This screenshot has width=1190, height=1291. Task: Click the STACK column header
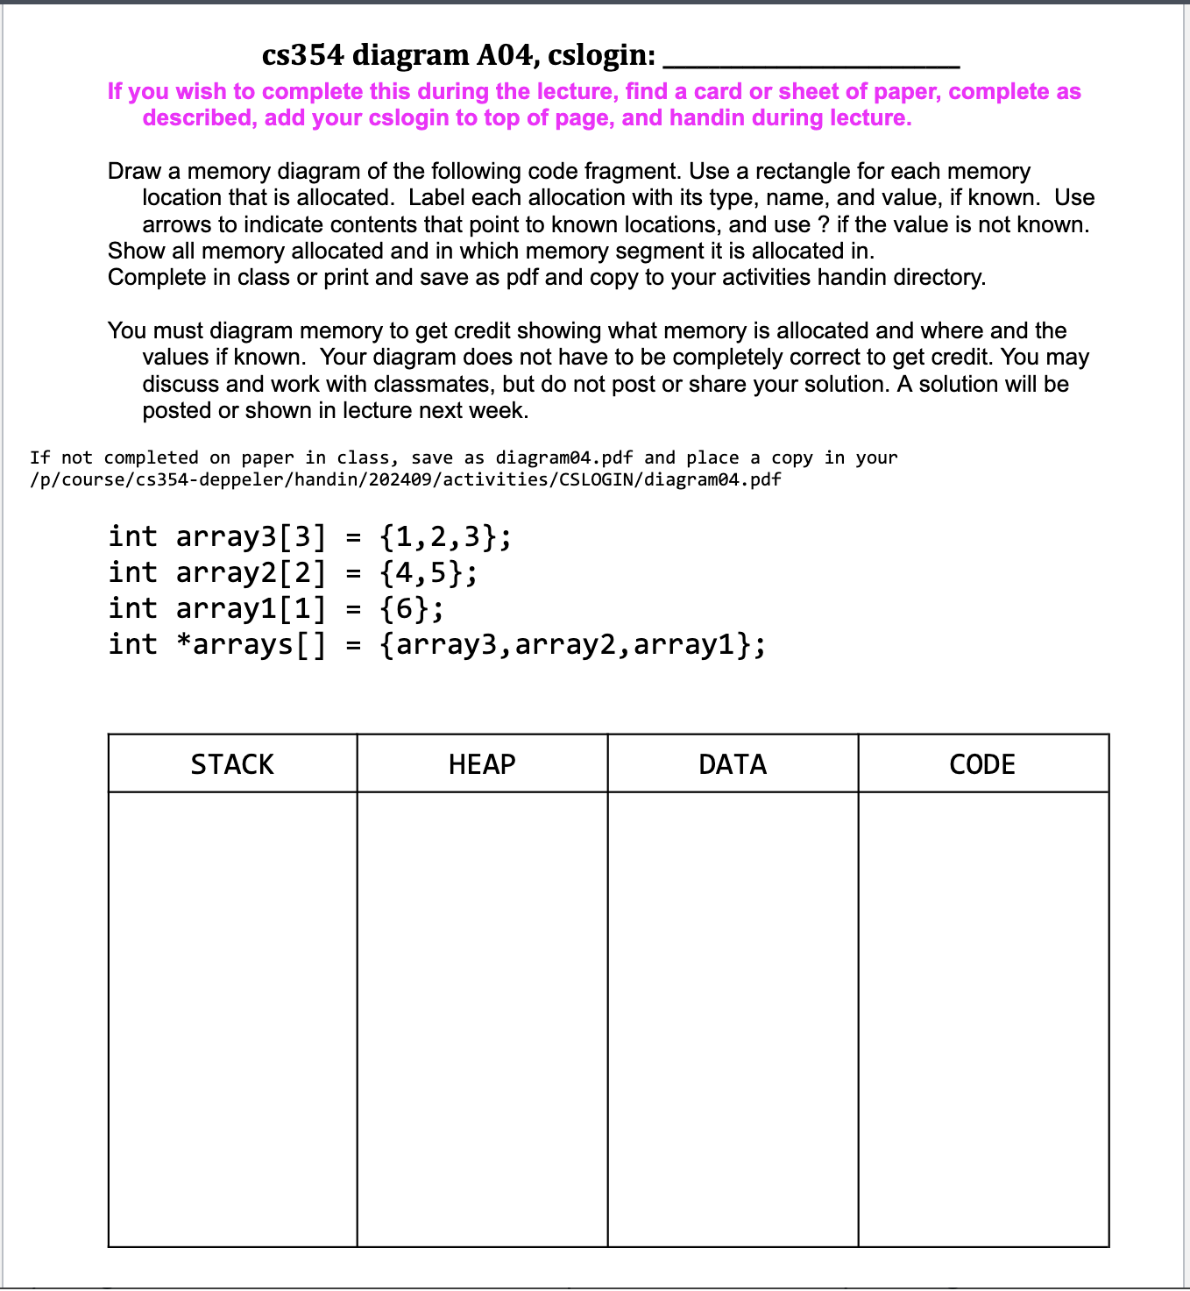232,764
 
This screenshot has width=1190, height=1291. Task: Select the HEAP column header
482,764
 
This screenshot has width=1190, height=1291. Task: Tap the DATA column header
733,764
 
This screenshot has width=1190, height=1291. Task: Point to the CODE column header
982,764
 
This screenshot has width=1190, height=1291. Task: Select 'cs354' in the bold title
303,55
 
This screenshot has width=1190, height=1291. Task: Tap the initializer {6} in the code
411,608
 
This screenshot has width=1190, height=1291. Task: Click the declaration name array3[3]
251,536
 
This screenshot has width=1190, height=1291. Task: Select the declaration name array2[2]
251,572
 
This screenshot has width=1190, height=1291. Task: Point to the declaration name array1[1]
251,608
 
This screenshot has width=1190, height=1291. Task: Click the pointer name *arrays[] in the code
251,644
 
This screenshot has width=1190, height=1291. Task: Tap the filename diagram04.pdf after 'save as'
564,458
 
